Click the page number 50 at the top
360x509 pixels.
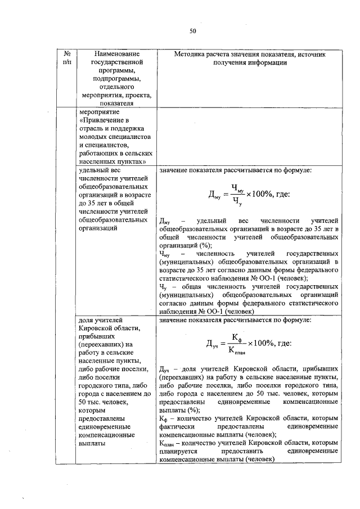point(192,31)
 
